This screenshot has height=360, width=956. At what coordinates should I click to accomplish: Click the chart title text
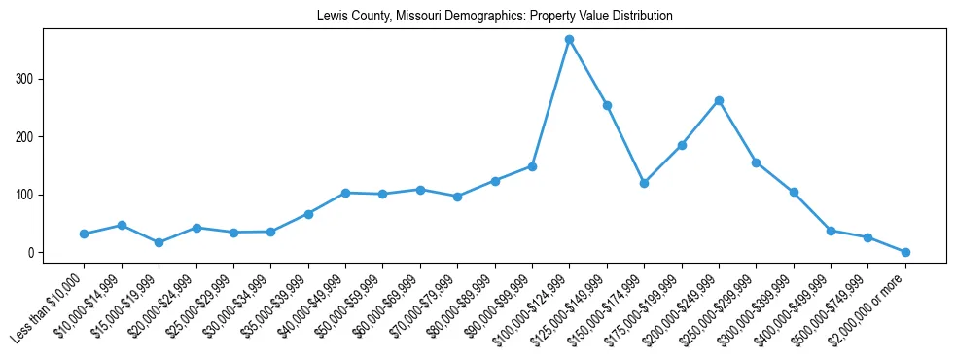pos(494,17)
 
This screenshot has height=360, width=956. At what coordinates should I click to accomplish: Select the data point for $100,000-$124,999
pos(570,39)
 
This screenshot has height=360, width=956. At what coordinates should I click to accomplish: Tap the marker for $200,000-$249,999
pos(719,100)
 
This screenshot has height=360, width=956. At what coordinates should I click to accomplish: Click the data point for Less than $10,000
pos(84,234)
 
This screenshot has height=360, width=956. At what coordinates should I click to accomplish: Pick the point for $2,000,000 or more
pos(905,252)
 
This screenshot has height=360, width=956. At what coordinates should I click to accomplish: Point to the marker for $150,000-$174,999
pos(644,183)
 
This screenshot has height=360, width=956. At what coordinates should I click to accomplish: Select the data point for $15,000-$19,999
pos(159,242)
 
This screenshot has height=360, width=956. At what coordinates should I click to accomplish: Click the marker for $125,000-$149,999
pos(607,105)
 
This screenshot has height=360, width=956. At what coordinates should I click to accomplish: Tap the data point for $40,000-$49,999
pos(345,193)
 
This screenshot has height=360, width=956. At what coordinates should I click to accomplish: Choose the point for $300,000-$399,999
pos(794,192)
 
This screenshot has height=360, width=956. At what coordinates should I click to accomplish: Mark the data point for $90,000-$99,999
pos(532,166)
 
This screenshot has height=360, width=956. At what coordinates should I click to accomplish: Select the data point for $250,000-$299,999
pos(756,162)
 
